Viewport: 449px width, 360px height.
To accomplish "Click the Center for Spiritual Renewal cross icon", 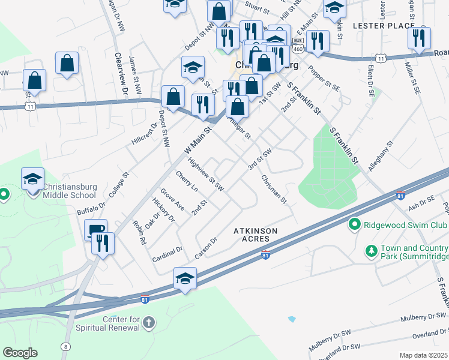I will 149,323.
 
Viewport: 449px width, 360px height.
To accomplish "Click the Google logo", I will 20,353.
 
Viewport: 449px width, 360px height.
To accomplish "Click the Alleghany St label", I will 381,156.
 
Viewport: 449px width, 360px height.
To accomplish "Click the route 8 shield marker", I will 65,346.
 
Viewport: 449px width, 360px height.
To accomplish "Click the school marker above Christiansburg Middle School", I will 32,179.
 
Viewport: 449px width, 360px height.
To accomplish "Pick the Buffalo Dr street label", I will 91,208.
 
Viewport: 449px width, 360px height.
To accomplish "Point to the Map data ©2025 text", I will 424,355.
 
